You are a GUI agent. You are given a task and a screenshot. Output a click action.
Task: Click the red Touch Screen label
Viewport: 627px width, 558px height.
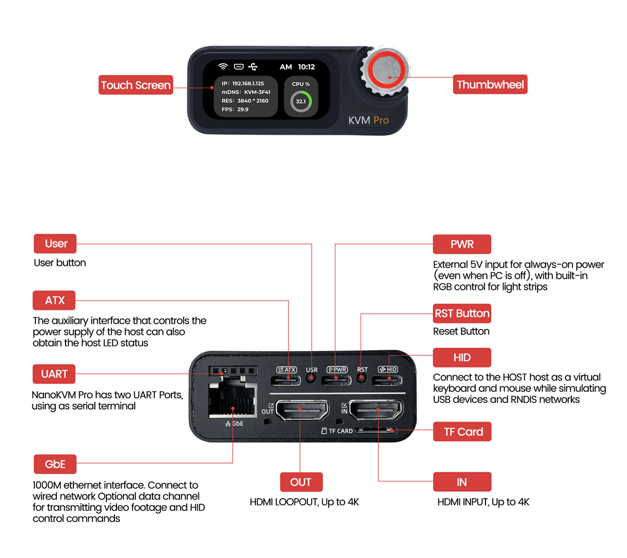click(135, 85)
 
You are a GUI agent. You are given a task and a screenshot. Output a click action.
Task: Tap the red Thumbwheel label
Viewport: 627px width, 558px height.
click(490, 85)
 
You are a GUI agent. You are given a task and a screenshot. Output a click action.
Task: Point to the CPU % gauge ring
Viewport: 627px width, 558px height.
click(300, 101)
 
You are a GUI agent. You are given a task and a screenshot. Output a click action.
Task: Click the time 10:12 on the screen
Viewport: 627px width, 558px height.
click(306, 67)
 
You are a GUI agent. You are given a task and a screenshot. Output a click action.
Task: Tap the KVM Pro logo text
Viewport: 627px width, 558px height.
click(368, 120)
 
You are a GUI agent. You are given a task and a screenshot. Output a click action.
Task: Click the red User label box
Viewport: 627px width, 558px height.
click(56, 244)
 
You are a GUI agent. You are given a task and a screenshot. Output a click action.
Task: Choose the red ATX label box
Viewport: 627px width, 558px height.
click(54, 301)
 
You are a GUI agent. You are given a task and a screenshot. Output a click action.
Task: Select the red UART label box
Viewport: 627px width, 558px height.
click(54, 374)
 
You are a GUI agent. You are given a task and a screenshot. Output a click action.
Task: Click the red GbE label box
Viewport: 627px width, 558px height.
click(54, 464)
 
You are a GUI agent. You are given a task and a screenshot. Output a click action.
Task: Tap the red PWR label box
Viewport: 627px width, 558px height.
click(462, 244)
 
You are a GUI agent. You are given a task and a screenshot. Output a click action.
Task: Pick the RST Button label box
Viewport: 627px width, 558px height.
click(462, 314)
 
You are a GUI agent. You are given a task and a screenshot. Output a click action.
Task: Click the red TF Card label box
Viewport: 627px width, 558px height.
click(462, 432)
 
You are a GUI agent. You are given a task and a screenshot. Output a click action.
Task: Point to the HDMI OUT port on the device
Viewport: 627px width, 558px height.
click(300, 410)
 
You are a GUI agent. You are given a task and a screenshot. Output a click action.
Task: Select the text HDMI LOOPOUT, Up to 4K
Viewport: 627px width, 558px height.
click(304, 502)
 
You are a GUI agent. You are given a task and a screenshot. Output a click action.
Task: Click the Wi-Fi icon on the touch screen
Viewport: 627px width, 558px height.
click(223, 67)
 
